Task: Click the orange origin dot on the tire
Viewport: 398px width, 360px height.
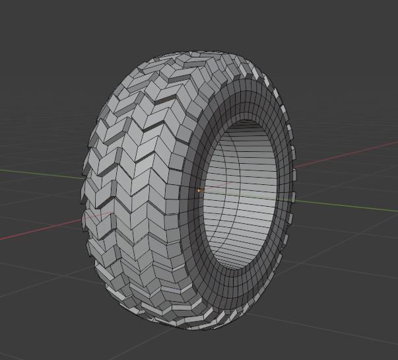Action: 199,190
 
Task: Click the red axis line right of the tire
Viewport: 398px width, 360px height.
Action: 343,151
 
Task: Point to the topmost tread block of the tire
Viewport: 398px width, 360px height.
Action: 191,55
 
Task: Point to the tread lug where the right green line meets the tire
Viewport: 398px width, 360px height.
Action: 292,198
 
